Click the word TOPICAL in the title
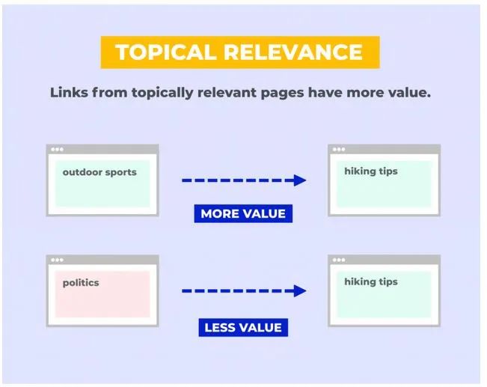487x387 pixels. pyautogui.click(x=165, y=52)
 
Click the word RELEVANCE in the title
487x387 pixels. pyautogui.click(x=293, y=52)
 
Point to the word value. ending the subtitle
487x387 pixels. pyautogui.click(x=409, y=92)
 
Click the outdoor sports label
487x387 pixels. pyautogui.click(x=99, y=172)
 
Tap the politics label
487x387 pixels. pyautogui.click(x=81, y=283)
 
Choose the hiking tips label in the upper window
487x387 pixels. pyautogui.click(x=371, y=171)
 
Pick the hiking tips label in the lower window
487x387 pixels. pyautogui.click(x=371, y=282)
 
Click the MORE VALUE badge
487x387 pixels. pyautogui.click(x=243, y=213)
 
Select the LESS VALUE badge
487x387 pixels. pyautogui.click(x=243, y=328)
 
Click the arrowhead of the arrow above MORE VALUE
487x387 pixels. pyautogui.click(x=300, y=180)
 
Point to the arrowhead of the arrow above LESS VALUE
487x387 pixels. pyautogui.click(x=300, y=291)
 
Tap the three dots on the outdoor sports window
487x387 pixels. pyautogui.click(x=57, y=149)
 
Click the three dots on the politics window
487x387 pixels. pyautogui.click(x=57, y=260)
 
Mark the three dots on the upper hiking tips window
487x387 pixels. pyautogui.click(x=339, y=149)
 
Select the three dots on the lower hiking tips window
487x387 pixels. pyautogui.click(x=339, y=260)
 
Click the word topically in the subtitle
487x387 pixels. pyautogui.click(x=162, y=93)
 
